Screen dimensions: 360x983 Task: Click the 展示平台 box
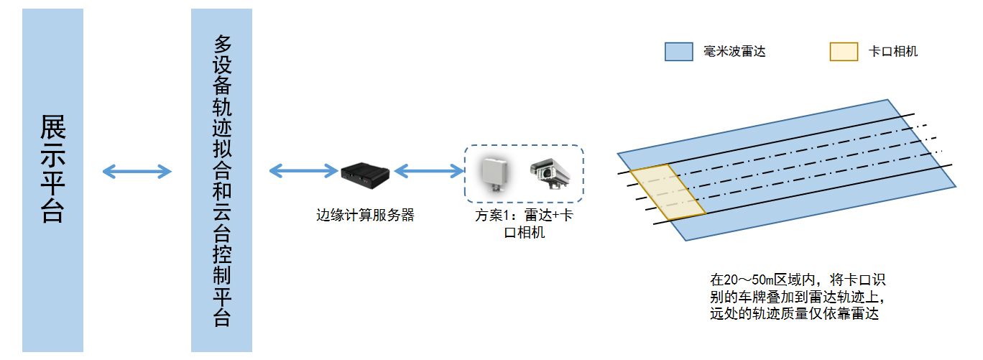point(52,180)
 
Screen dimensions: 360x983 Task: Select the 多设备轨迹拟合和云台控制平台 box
point(221,180)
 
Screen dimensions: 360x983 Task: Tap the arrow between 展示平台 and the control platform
point(137,171)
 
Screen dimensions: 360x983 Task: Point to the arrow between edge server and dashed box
point(429,170)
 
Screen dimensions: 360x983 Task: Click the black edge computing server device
point(365,172)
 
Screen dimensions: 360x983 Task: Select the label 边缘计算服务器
point(366,215)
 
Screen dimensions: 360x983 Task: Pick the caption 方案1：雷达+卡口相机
point(524,223)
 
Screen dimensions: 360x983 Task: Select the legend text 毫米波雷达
point(734,52)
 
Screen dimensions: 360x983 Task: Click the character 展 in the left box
point(53,128)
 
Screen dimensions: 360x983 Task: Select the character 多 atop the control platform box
point(222,45)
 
